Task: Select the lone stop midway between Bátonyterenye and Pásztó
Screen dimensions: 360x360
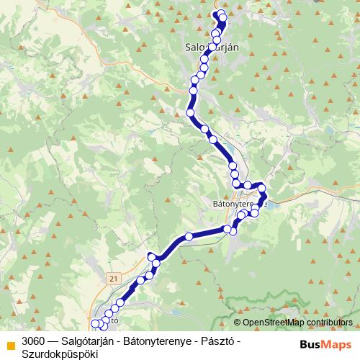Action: point(189,236)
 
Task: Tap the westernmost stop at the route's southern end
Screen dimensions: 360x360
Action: point(96,323)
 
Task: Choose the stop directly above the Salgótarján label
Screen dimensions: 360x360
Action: point(215,33)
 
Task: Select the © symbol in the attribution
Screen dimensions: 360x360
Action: point(238,322)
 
